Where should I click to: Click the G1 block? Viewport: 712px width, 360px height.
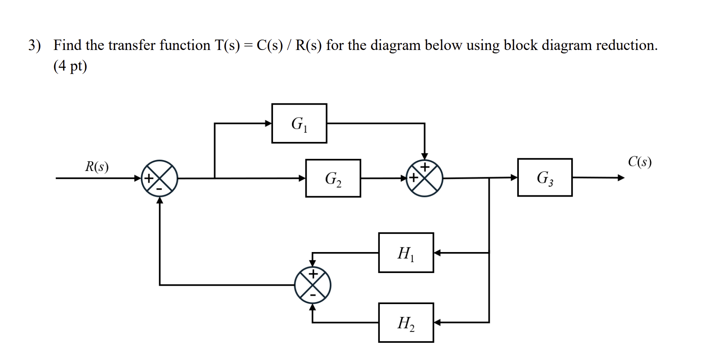click(299, 124)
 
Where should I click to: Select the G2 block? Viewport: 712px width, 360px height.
click(333, 178)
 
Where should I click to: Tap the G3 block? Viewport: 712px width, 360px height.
click(544, 177)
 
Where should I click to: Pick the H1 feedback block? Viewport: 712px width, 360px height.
click(406, 253)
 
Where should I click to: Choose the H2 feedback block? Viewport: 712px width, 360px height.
click(406, 323)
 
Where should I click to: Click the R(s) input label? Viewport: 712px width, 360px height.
click(97, 167)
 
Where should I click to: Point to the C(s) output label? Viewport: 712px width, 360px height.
click(639, 162)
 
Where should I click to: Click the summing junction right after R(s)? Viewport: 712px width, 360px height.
click(159, 178)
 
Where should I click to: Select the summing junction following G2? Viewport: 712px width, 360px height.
click(424, 178)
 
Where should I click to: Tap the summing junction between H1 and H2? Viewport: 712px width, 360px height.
click(313, 285)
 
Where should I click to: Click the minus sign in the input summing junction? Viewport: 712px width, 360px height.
click(159, 189)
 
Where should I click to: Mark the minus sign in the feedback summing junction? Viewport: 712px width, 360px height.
click(313, 295)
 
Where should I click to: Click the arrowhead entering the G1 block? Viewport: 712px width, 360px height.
click(268, 123)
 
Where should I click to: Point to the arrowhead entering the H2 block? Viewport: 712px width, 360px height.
click(437, 323)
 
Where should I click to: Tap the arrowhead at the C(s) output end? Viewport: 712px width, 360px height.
click(620, 178)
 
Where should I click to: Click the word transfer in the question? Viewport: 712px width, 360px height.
click(132, 45)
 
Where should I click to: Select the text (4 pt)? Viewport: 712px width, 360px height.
click(70, 66)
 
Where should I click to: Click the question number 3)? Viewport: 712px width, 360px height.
click(34, 45)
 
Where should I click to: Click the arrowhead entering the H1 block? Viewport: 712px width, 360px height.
click(437, 253)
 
